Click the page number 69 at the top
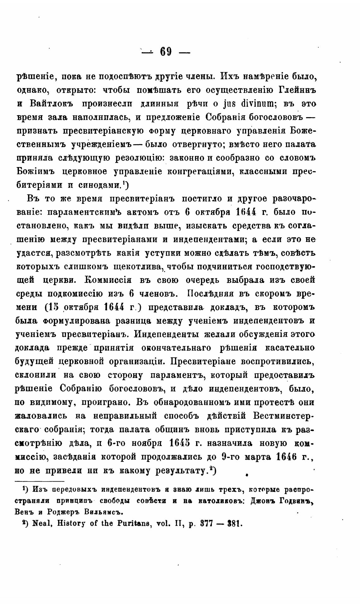click(166, 51)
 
